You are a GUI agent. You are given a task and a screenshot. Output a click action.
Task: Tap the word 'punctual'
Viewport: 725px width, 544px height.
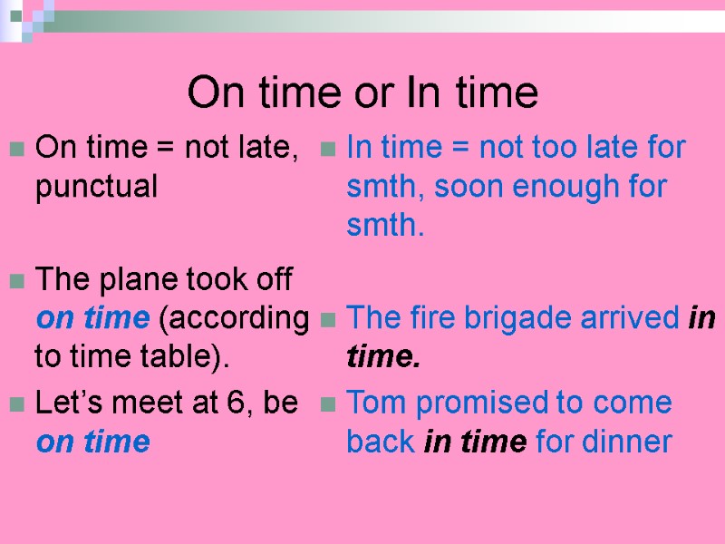[x=96, y=188]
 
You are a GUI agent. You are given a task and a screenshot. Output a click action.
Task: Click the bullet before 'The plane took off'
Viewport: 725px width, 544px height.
[x=15, y=282]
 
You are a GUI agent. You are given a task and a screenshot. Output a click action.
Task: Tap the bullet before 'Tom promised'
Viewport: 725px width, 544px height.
[x=330, y=404]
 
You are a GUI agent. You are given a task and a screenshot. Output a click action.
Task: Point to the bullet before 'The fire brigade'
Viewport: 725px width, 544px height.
[x=330, y=320]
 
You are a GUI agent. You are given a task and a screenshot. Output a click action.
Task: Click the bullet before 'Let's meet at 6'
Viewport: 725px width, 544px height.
[x=15, y=404]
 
